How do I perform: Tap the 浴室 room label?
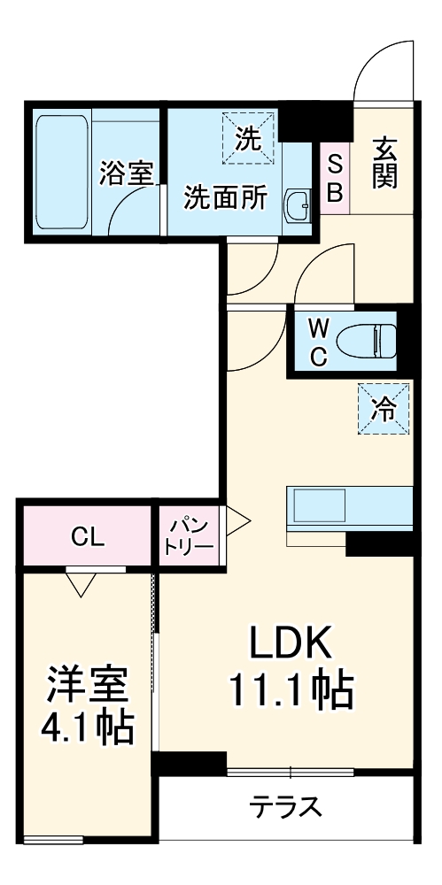(x=126, y=172)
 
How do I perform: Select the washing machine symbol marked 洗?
(x=248, y=137)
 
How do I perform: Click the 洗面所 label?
(x=225, y=198)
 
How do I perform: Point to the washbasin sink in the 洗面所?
(x=297, y=205)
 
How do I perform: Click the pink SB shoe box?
(x=336, y=178)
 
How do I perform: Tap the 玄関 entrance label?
(x=384, y=161)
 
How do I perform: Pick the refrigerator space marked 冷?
(x=384, y=408)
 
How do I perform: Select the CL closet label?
(x=88, y=536)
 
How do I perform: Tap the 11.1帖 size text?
(x=291, y=690)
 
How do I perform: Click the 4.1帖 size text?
(x=88, y=728)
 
